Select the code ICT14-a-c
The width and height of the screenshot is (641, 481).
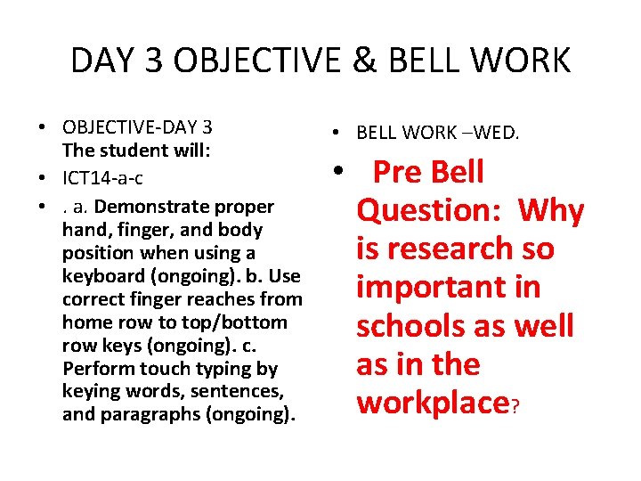coord(102,178)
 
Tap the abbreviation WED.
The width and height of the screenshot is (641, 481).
coord(499,134)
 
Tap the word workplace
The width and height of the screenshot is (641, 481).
coord(432,403)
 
